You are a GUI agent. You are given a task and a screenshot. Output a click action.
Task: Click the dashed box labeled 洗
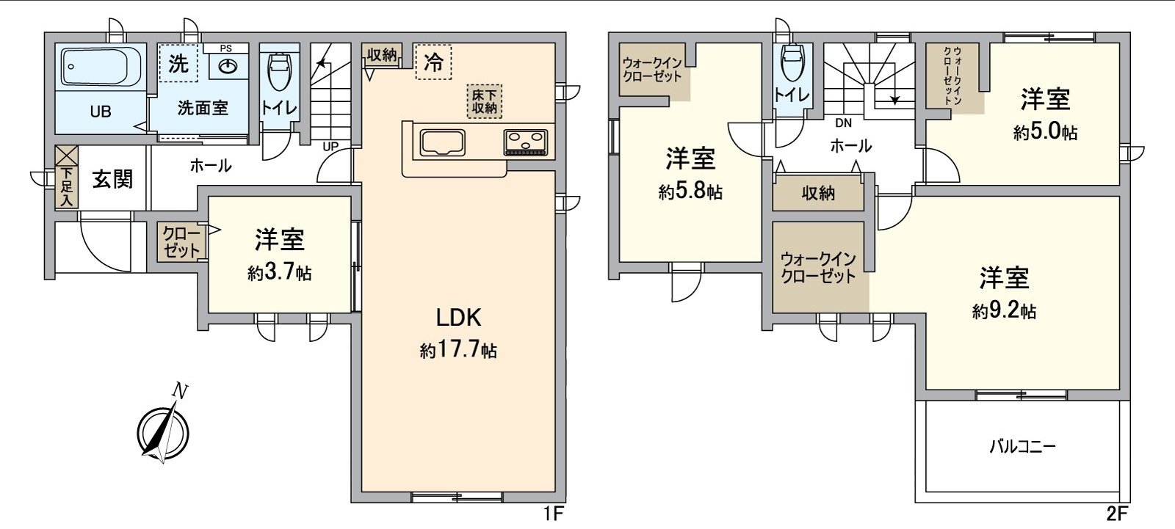[178, 62]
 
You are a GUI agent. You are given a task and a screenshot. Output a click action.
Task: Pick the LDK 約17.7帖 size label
[458, 351]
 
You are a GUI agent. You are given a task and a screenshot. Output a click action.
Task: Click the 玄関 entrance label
[112, 179]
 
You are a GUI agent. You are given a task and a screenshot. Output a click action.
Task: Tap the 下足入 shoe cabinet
[67, 188]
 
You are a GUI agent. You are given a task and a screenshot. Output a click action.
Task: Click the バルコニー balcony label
[1023, 446]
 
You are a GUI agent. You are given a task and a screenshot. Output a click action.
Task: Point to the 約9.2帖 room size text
[1004, 312]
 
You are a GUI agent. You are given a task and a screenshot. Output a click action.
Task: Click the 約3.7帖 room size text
[280, 273]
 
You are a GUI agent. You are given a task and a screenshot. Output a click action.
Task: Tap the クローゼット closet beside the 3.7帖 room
[181, 242]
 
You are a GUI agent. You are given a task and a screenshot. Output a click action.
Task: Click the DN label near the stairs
[843, 123]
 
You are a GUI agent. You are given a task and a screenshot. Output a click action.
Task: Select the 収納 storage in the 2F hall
[818, 193]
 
